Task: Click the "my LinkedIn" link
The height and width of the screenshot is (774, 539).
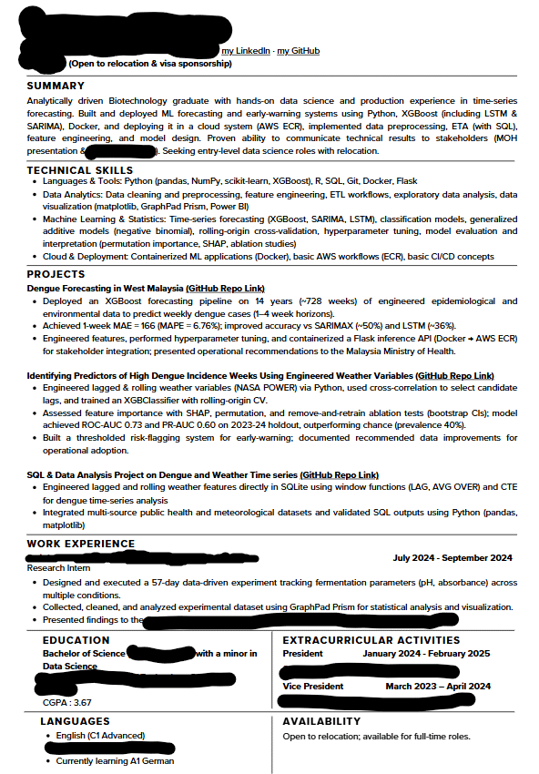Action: click(246, 51)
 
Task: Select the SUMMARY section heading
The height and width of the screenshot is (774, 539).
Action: click(56, 86)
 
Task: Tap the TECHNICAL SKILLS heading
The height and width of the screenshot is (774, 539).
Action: click(80, 170)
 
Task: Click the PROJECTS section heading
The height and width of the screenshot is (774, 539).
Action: click(56, 274)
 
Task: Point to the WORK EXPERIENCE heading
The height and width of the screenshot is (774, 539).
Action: click(81, 544)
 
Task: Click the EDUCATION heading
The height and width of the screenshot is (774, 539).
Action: click(76, 640)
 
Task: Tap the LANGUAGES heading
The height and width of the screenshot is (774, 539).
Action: click(76, 721)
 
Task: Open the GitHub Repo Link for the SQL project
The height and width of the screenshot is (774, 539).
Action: click(339, 475)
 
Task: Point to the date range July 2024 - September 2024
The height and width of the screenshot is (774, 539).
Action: click(452, 558)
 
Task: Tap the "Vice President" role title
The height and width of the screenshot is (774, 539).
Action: click(313, 687)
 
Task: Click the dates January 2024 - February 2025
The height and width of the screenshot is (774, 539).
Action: click(426, 653)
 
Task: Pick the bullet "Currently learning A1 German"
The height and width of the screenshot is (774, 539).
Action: click(115, 761)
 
